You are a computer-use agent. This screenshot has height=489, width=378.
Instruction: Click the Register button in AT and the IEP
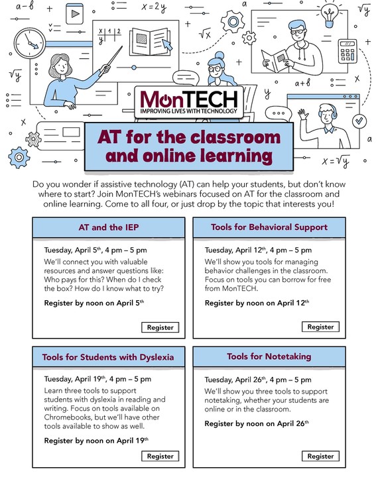[x=160, y=327]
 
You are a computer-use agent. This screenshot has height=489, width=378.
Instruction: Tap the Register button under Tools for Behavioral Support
[x=320, y=327]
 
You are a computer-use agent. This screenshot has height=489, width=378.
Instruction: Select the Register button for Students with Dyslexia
[x=160, y=456]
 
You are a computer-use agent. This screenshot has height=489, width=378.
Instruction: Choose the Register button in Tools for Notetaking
[x=320, y=456]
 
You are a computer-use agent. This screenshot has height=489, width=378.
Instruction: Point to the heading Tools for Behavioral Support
[x=269, y=227]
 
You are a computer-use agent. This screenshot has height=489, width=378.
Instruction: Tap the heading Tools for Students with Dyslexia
[x=108, y=357]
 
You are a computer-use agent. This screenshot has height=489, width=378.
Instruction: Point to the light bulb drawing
[x=328, y=13]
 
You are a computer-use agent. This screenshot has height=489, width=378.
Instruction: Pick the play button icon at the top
[x=74, y=12]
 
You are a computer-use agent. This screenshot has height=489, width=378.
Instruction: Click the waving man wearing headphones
[x=322, y=126]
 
